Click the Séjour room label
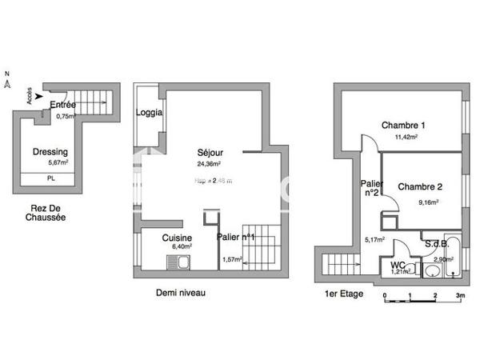click(x=210, y=153)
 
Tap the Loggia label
click(x=150, y=113)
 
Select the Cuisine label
click(x=176, y=238)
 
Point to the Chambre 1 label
click(x=402, y=125)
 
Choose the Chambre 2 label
click(x=419, y=186)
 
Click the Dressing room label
click(x=50, y=152)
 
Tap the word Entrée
click(x=62, y=105)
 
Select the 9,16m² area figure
click(x=428, y=202)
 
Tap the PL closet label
click(x=50, y=179)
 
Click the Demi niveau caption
click(x=181, y=294)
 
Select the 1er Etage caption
click(x=344, y=294)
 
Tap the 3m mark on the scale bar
click(x=460, y=295)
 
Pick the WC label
click(x=398, y=264)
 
